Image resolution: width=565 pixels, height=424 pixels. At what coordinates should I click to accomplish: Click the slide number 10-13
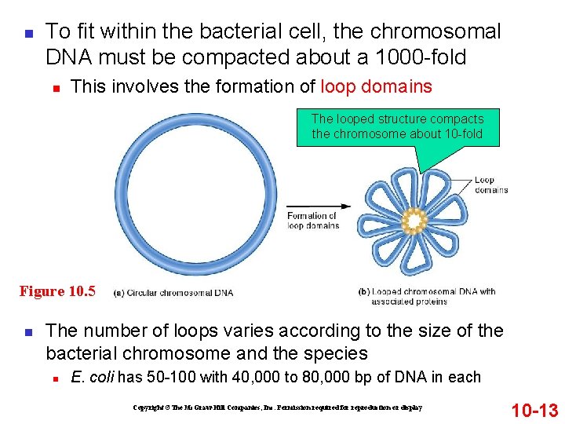point(534,410)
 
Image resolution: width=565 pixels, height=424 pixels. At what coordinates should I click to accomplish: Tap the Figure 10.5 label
point(57,291)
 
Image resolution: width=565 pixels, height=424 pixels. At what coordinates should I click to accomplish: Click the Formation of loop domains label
point(312,221)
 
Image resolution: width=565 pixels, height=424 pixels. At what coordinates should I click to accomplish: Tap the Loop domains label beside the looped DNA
point(490,185)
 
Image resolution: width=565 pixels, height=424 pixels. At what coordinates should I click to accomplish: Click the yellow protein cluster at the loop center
point(413,222)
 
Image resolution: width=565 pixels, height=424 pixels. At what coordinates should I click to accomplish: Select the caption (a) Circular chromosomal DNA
point(173,293)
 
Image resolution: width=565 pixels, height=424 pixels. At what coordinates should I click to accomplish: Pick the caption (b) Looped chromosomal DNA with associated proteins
point(427,296)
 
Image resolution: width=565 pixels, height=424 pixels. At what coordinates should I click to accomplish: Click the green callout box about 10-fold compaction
point(397,126)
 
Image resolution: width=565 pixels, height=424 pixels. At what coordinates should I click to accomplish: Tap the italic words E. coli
point(93,378)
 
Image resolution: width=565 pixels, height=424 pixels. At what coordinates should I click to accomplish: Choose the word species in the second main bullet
point(339,353)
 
